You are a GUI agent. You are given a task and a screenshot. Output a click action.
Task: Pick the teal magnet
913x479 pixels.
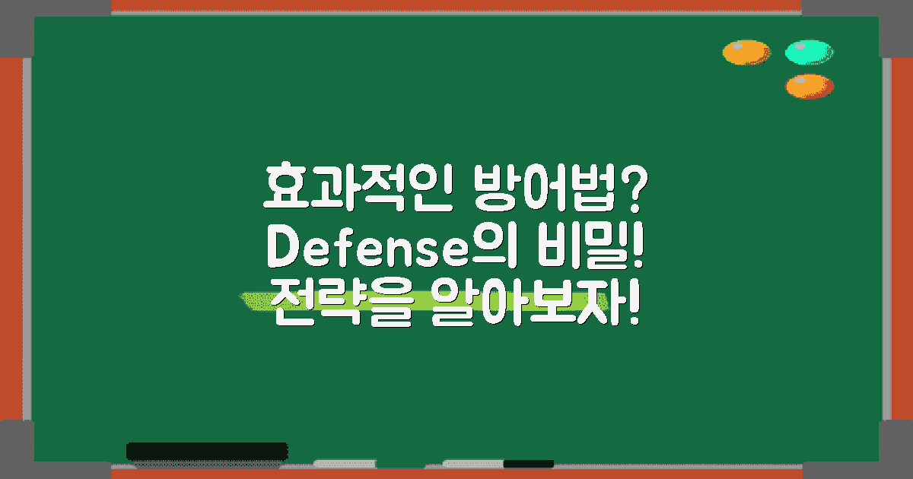coord(810,52)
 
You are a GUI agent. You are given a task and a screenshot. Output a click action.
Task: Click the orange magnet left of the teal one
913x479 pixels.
coord(746,52)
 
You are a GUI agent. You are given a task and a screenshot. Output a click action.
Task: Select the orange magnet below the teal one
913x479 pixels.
coord(810,86)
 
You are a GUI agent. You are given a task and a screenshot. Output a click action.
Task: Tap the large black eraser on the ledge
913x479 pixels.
coord(206,451)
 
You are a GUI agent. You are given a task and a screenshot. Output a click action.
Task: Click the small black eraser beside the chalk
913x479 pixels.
coord(528,463)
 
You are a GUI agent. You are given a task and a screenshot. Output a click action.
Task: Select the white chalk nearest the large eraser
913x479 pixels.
coord(344,463)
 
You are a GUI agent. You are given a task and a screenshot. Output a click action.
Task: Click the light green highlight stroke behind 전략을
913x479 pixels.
coord(255,300)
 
